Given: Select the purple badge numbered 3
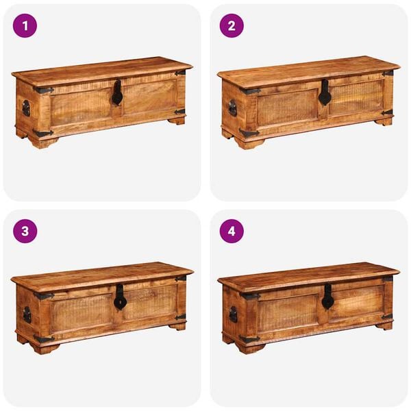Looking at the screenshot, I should (x=25, y=231).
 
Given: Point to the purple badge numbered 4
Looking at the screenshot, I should (x=232, y=231).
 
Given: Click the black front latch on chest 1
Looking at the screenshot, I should (x=117, y=93).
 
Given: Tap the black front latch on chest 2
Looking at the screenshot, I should (x=325, y=93).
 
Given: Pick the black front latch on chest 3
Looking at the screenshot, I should (x=120, y=297).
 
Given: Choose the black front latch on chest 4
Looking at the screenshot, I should (x=327, y=297).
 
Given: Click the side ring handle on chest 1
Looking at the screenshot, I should (x=26, y=108).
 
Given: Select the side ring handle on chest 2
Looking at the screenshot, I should (x=232, y=108).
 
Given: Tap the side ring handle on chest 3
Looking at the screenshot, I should (x=27, y=314).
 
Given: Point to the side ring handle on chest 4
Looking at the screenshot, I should (x=233, y=314).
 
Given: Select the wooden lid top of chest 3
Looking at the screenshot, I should (x=103, y=273).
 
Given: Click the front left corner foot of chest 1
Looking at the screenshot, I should (x=44, y=142).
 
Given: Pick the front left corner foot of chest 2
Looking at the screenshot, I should (x=249, y=142).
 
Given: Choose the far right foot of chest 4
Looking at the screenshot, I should (x=385, y=326).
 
